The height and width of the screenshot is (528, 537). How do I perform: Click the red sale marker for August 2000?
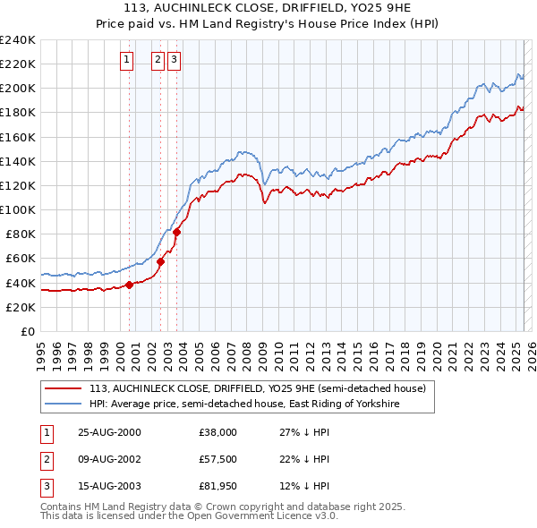(130, 285)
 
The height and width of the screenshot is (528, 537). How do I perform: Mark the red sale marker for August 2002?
(161, 261)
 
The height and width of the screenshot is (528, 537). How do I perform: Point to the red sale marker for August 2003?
(177, 232)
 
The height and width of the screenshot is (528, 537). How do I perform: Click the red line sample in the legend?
(64, 388)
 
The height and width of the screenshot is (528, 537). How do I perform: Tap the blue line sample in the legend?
(64, 404)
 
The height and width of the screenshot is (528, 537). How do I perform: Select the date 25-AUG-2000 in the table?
(110, 432)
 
